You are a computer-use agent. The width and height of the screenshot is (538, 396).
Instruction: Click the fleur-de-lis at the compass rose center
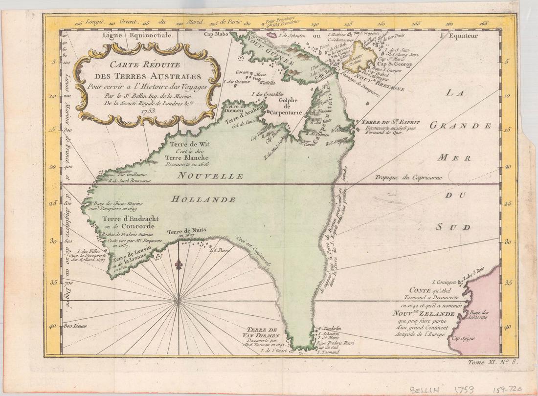pyautogui.click(x=179, y=264)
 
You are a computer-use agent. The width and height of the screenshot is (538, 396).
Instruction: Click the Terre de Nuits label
pyautogui.click(x=186, y=231)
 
